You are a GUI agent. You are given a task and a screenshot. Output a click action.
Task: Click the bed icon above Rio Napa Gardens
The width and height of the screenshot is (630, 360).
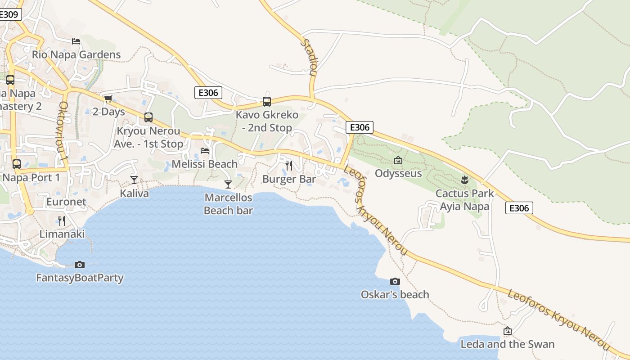[x=76, y=41]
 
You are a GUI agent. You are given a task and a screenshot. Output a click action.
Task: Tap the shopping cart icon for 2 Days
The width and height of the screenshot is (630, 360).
[x=108, y=99]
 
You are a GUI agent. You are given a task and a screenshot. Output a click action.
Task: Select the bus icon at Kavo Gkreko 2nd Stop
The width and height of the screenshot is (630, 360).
[x=267, y=101]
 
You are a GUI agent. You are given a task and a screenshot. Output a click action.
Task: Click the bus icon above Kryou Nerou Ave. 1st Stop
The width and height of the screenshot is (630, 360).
[x=148, y=117]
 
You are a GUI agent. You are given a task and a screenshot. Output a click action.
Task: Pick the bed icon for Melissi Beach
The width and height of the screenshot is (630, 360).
[x=205, y=150]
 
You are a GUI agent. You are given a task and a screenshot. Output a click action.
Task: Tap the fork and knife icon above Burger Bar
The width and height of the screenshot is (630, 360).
[x=289, y=166]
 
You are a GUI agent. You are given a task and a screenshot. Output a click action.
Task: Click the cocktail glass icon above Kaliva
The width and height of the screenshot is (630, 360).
[x=134, y=180]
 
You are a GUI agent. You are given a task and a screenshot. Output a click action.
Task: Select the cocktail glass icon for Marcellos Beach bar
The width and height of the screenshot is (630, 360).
[x=228, y=184]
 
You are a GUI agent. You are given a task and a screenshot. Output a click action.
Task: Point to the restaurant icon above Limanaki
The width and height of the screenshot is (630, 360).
[x=62, y=221]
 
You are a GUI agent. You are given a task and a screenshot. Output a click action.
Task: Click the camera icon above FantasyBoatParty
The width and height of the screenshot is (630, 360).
[x=80, y=265]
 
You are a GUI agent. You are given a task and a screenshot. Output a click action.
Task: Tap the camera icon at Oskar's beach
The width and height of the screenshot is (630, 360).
[x=395, y=281]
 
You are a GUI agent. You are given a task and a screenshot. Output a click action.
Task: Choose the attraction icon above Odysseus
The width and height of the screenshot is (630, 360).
[x=398, y=160]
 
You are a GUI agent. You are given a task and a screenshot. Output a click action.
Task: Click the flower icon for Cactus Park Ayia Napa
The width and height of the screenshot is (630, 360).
[x=464, y=180]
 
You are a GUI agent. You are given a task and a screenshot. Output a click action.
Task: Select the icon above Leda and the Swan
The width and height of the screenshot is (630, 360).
[x=508, y=331]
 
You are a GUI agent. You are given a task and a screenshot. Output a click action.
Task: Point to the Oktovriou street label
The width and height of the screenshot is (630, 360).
[x=63, y=133]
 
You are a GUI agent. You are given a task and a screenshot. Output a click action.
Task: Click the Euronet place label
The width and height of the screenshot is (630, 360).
[x=66, y=202]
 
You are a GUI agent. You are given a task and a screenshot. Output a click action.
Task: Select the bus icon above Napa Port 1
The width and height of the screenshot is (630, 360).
[x=17, y=164]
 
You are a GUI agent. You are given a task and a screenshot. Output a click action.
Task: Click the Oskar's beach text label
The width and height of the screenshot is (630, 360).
[x=395, y=295]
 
